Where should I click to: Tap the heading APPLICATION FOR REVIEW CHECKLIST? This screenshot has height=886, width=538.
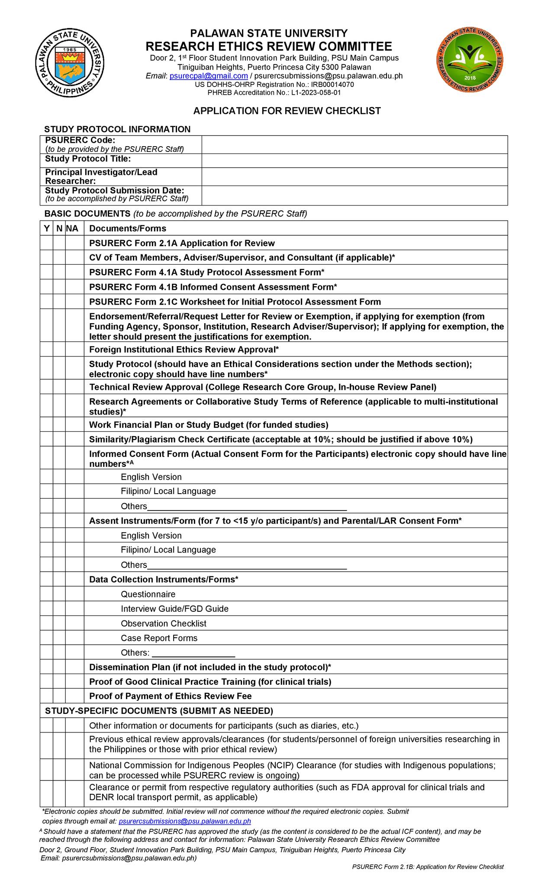287,111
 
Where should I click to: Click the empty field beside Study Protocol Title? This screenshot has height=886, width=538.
354,161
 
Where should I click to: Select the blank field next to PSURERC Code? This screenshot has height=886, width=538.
354,144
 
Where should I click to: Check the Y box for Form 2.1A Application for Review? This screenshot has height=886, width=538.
46,243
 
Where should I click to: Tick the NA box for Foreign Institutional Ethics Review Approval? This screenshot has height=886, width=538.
74,349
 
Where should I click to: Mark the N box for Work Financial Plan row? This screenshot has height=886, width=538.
59,424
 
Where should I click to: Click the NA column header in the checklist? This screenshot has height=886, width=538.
73,228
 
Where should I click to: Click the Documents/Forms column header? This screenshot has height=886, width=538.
128,228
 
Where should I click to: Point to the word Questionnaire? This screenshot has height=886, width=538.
148,594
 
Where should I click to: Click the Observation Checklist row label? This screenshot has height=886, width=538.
163,623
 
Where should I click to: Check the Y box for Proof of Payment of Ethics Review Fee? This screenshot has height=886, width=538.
46,696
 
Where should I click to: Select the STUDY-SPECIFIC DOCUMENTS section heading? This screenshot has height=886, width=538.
159,711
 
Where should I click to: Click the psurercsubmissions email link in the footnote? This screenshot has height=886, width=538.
185,821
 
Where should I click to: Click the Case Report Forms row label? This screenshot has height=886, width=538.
159,638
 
